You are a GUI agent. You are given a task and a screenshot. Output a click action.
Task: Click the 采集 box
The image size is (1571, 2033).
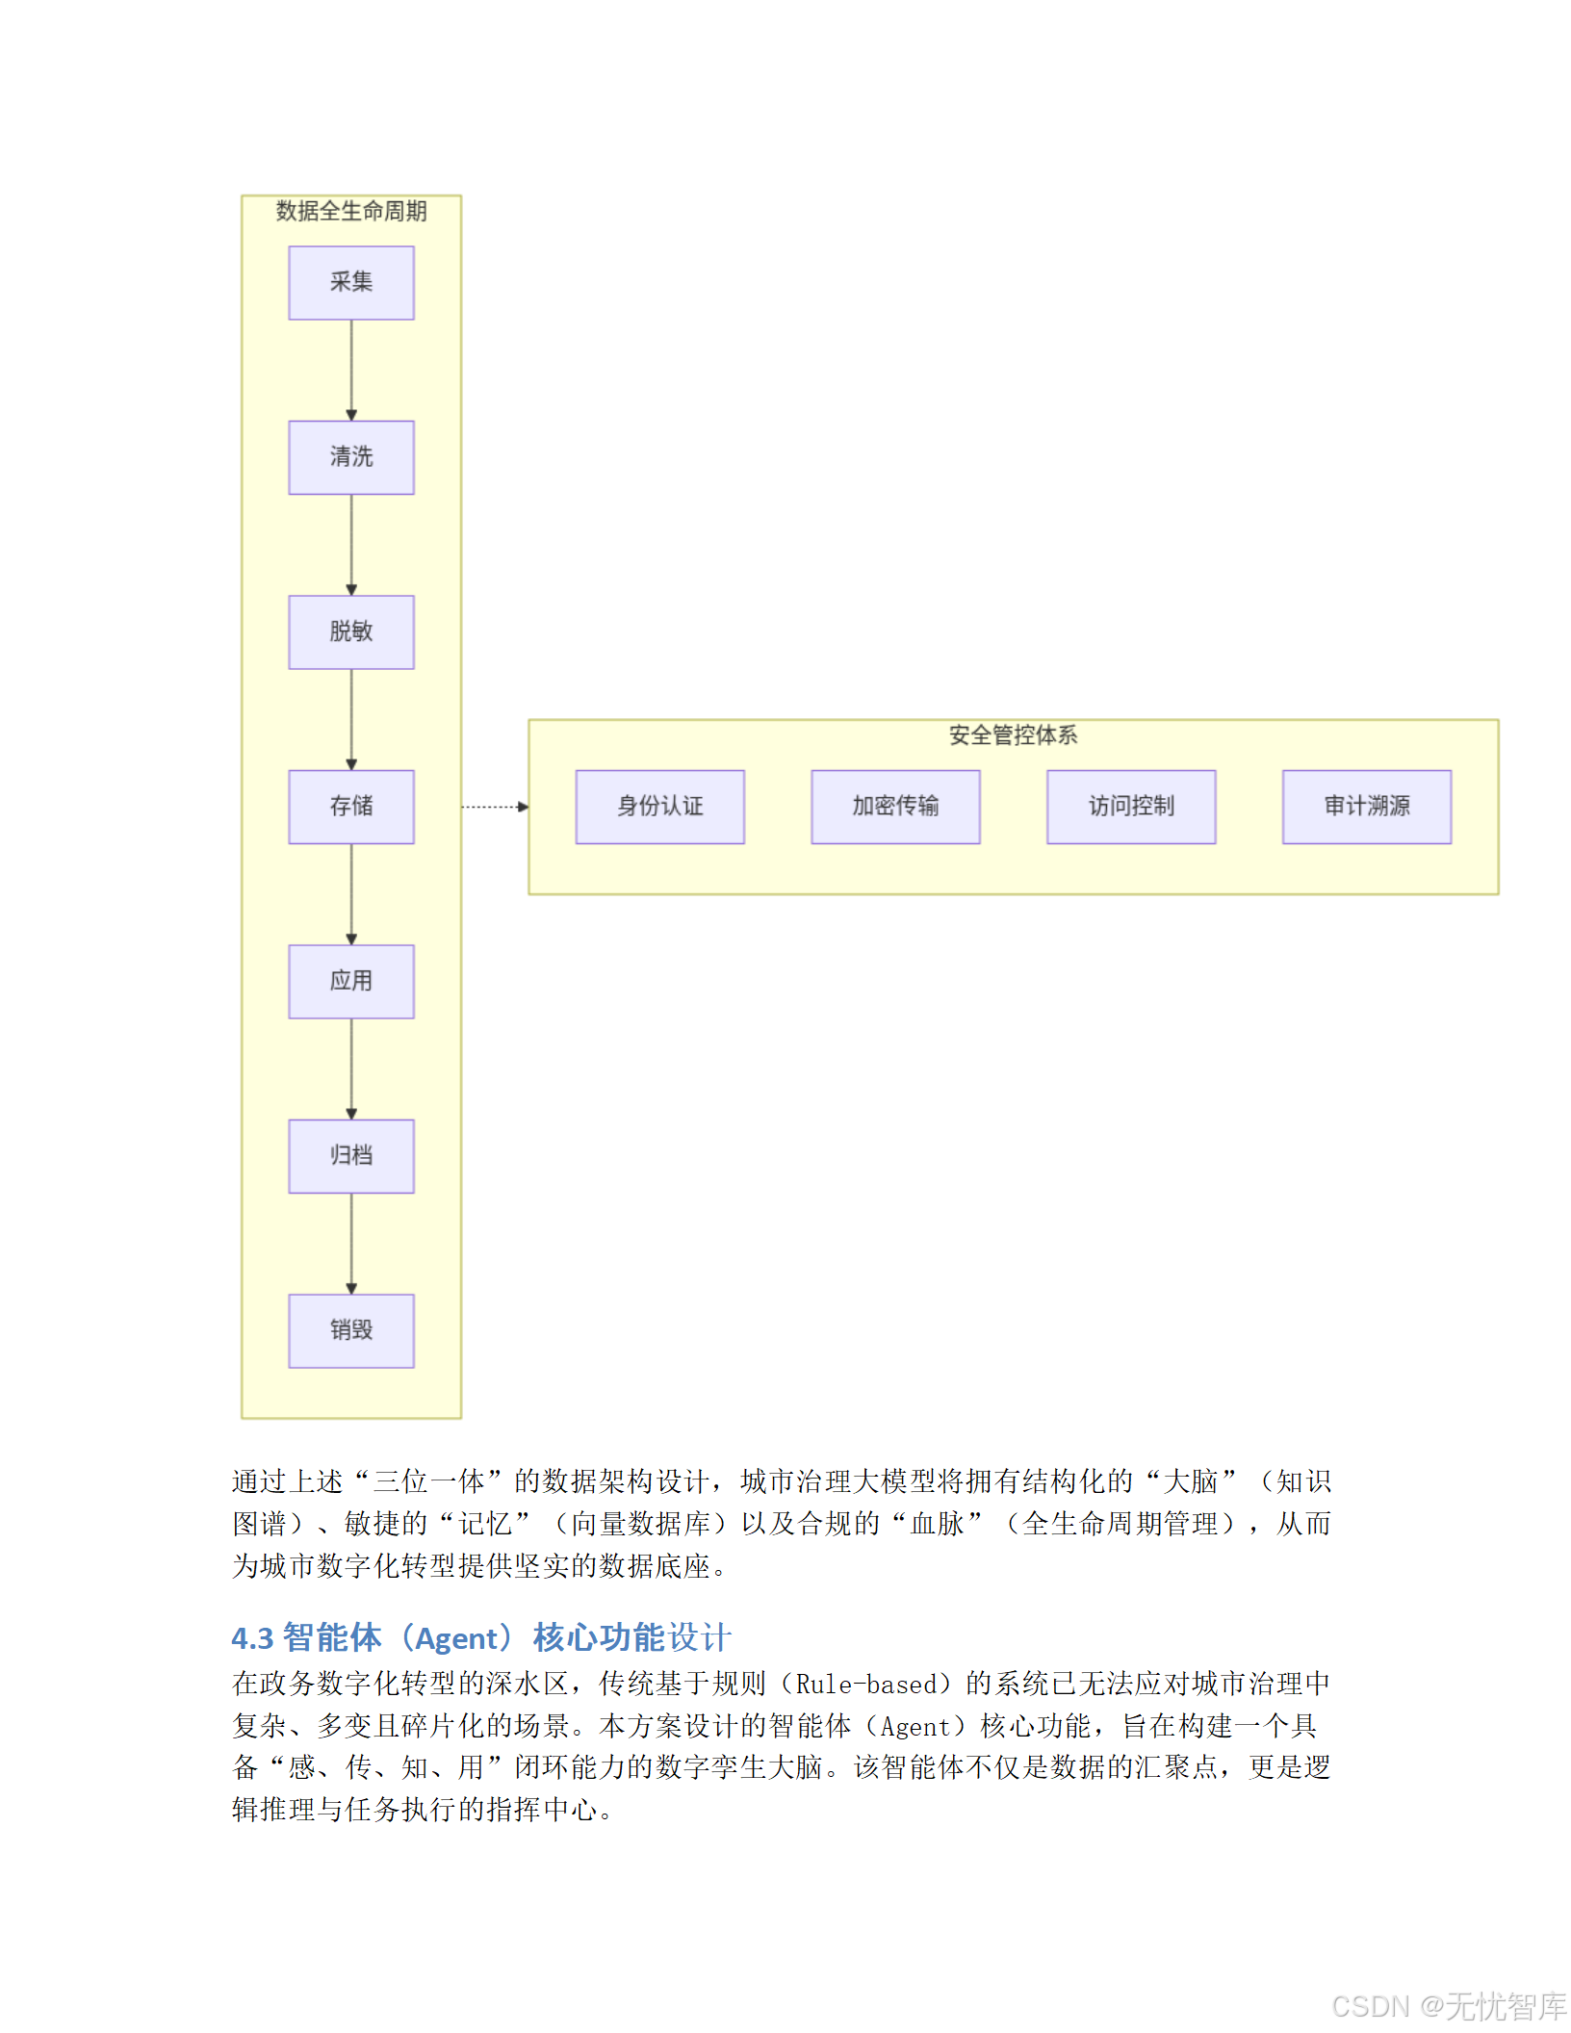(x=351, y=282)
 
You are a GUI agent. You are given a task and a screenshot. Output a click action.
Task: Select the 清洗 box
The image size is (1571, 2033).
(x=351, y=457)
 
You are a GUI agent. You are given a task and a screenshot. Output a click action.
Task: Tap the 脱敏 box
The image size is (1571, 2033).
(x=351, y=631)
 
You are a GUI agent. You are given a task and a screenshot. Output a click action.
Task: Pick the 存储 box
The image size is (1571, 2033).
(x=351, y=807)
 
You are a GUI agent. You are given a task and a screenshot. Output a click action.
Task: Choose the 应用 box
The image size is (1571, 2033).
(x=351, y=981)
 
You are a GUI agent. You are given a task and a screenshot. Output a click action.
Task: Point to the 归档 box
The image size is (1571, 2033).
(x=351, y=1156)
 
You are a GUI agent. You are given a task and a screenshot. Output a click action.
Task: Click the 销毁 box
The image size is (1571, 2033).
(x=351, y=1330)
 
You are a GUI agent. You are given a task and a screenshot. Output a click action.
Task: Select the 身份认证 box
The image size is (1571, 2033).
(x=660, y=807)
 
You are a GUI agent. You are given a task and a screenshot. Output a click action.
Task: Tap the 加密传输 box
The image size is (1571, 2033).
(x=895, y=807)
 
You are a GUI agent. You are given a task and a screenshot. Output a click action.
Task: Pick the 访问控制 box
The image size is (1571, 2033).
(x=1131, y=807)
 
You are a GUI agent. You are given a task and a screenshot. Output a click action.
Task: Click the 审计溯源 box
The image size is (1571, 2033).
(x=1367, y=807)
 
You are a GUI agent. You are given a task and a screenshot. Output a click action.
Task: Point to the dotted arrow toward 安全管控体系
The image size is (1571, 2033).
(x=495, y=807)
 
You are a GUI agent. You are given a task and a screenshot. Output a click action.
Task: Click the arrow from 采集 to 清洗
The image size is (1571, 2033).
(x=351, y=370)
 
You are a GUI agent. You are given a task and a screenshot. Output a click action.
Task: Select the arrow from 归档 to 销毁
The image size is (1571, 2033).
(x=351, y=1244)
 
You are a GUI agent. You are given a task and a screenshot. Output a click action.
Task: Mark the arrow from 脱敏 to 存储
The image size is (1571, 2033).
(x=351, y=719)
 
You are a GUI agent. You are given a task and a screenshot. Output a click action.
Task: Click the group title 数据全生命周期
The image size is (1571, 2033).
(x=351, y=212)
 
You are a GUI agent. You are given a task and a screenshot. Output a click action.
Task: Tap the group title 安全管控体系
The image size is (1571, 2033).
(x=1013, y=735)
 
